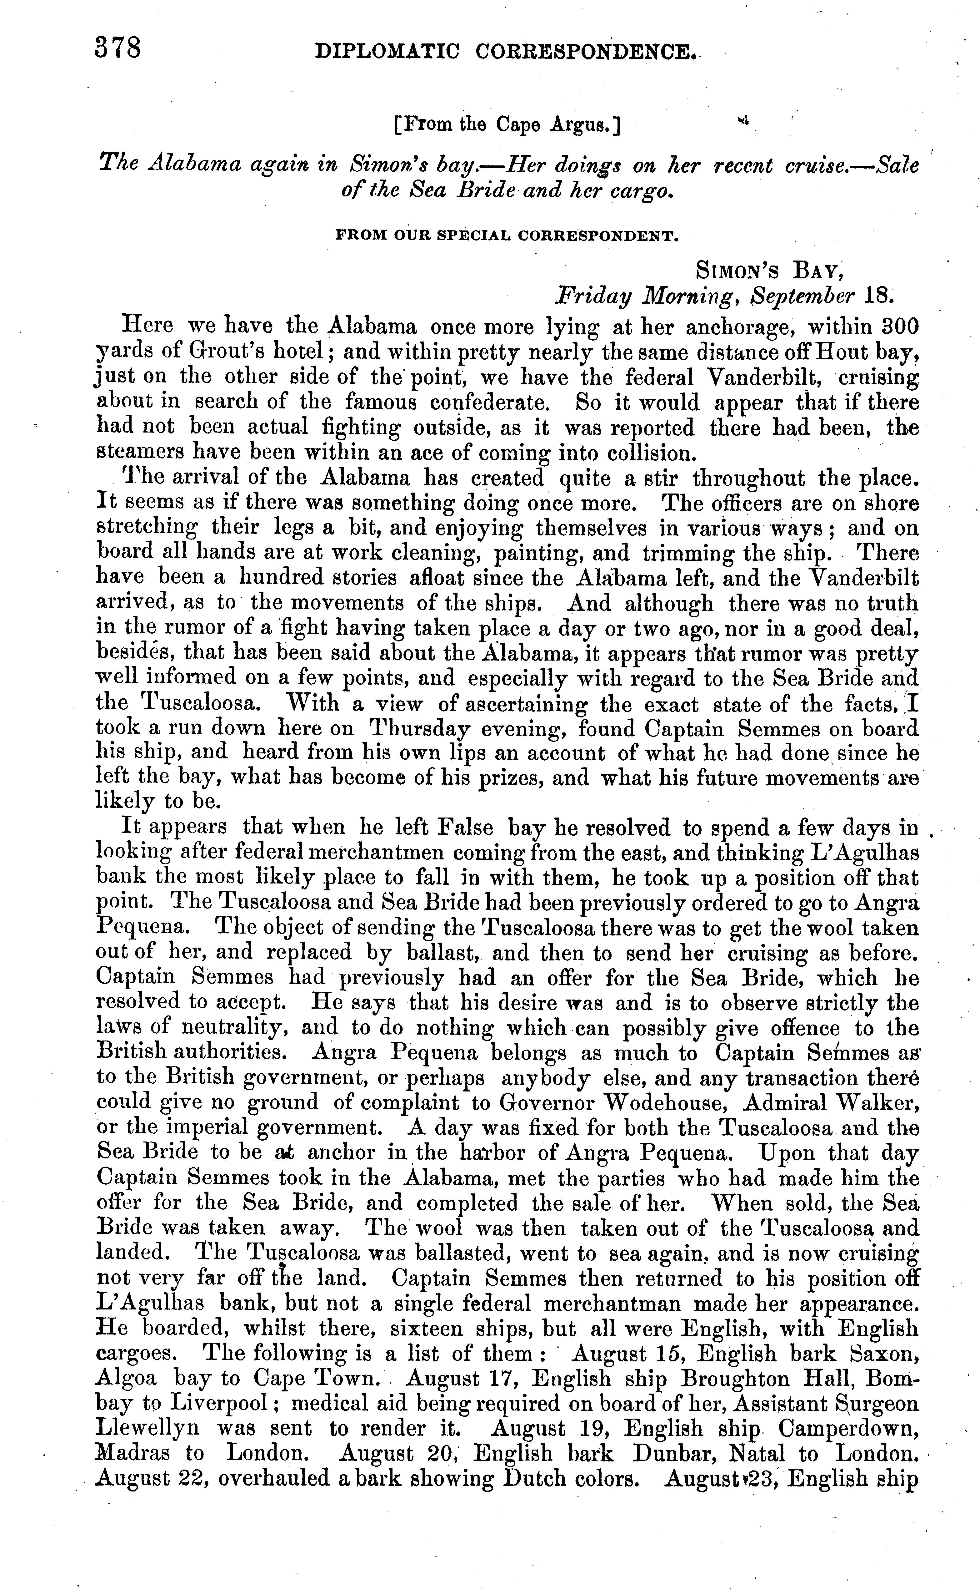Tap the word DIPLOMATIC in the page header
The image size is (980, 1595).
[387, 53]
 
